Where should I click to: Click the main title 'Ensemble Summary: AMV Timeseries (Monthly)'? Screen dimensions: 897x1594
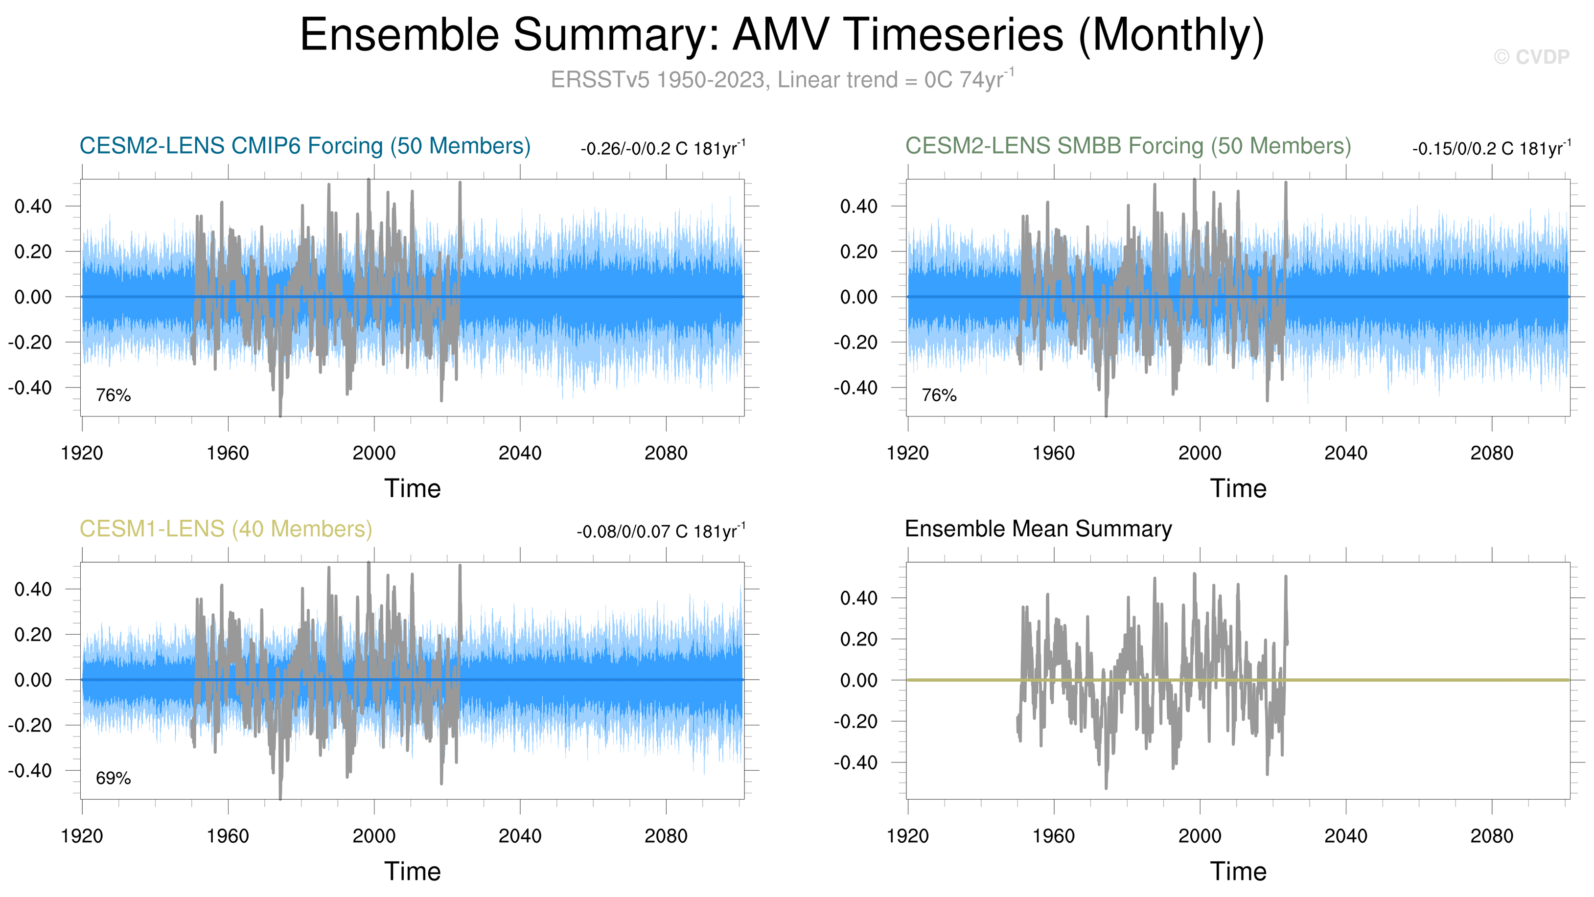pos(782,35)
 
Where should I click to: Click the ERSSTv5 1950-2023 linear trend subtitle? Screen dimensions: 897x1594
pos(782,80)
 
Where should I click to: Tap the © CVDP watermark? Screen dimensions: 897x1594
pos(1531,57)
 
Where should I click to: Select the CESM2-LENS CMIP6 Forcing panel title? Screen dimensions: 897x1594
pos(305,146)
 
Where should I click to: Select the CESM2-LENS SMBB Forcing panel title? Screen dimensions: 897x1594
pos(1128,146)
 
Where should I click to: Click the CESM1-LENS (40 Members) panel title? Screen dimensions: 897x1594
pos(226,529)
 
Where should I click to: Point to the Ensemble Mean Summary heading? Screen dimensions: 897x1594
pos(1038,529)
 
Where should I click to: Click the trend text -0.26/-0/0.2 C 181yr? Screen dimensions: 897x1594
pos(662,148)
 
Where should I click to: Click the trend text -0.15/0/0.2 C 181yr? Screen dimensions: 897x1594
pos(1491,148)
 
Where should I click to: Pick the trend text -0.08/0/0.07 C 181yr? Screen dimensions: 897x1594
pos(660,531)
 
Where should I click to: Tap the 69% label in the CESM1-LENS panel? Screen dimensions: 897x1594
pos(113,778)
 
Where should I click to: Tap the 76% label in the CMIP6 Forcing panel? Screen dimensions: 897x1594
pos(113,395)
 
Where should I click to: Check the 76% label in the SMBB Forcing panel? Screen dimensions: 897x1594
pos(939,395)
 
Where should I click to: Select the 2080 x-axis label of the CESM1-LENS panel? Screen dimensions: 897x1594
pos(666,836)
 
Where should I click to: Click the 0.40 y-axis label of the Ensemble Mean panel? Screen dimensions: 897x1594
pos(858,598)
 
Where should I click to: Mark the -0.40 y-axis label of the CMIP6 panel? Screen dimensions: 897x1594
pos(30,388)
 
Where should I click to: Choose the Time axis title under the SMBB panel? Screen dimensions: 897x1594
pos(1238,489)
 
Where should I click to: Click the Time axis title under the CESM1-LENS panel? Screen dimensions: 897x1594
pos(413,872)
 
